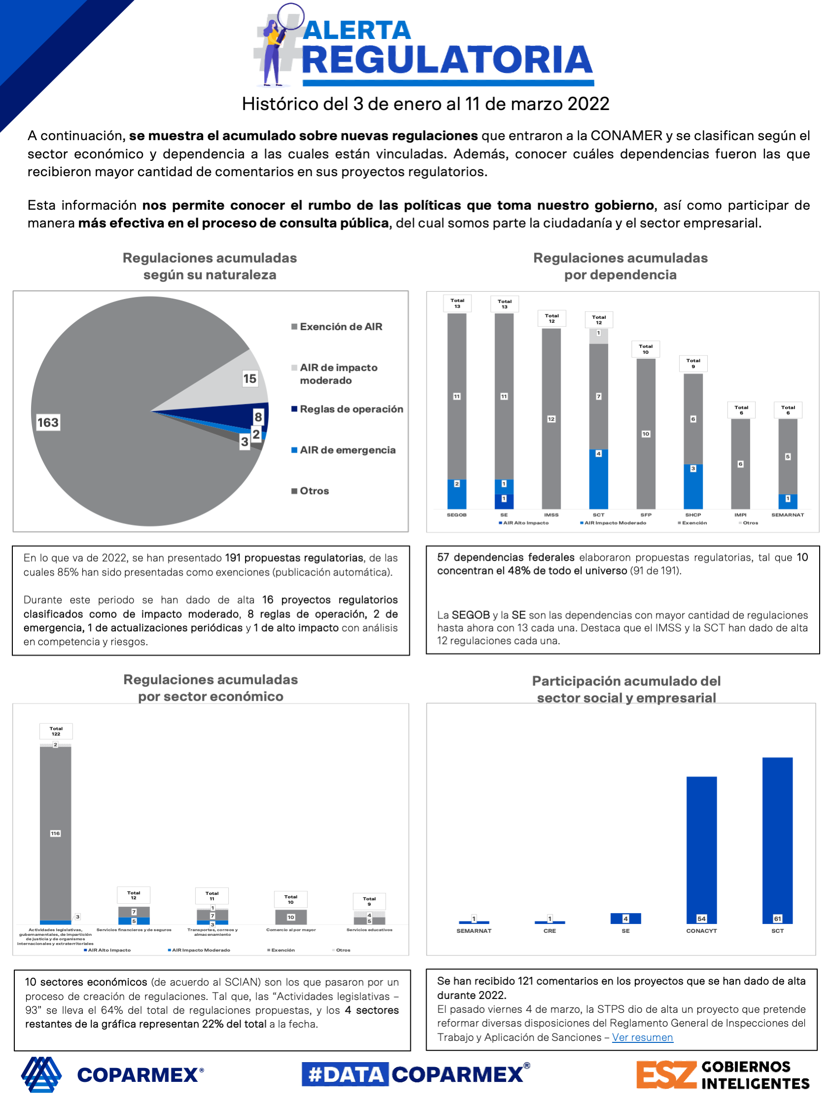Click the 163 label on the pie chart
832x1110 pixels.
click(48, 422)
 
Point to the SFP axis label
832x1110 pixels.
click(646, 515)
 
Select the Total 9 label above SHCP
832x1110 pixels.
click(693, 363)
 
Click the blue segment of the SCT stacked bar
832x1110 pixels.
click(598, 479)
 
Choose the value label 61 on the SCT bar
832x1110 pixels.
click(777, 919)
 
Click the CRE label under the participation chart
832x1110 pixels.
click(549, 931)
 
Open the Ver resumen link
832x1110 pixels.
click(643, 1037)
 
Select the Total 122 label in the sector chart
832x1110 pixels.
click(56, 731)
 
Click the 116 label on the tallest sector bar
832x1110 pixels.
click(55, 834)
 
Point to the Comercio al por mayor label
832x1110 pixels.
click(291, 930)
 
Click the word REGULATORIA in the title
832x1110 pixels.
click(447, 60)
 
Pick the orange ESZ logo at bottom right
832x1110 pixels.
click(666, 1075)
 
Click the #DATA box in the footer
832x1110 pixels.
click(345, 1074)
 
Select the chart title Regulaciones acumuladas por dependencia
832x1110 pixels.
click(620, 267)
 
